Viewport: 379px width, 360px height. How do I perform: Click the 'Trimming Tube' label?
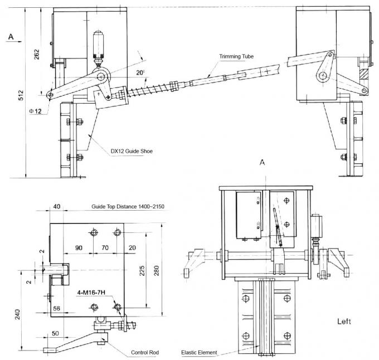coord(236,56)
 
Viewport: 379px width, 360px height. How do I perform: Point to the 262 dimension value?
coord(37,54)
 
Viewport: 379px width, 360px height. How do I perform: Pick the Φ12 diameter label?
coord(35,111)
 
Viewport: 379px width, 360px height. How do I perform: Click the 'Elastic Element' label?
coord(199,352)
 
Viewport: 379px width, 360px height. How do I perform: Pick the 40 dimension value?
coord(57,207)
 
